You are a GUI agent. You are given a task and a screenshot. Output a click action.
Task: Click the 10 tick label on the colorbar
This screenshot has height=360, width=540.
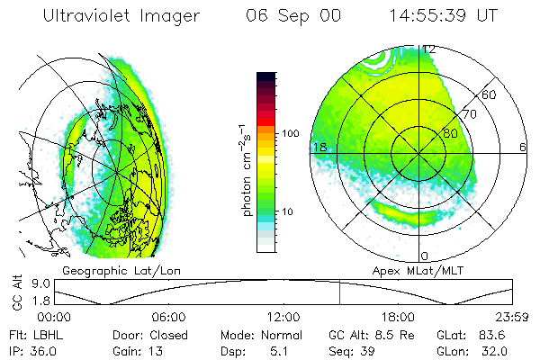pos(289,211)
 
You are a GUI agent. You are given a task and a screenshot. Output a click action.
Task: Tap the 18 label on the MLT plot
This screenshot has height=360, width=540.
pos(319,147)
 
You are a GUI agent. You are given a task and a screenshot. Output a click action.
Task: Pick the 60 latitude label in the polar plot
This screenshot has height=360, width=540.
pos(490,94)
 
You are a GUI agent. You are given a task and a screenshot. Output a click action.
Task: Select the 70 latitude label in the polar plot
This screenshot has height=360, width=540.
pos(468,115)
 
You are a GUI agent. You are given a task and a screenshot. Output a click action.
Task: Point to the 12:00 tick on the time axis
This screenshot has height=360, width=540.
pos(283,318)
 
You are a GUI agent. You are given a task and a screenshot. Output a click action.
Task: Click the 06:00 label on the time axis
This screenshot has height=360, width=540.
pos(169,318)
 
